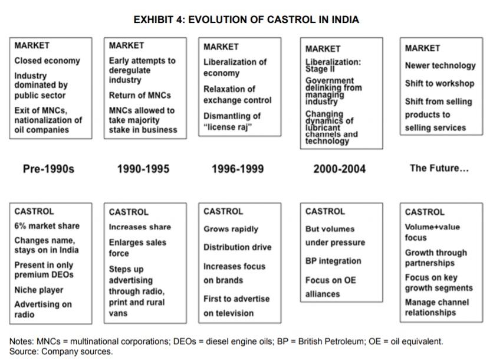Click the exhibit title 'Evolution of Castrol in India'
[246, 19]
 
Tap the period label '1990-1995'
[143, 169]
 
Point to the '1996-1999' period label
[237, 169]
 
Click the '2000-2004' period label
[339, 169]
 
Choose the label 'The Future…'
[439, 168]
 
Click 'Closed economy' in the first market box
[47, 61]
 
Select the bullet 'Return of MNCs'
[140, 95]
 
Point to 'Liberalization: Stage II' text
[333, 65]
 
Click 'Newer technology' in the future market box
[440, 66]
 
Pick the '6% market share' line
[47, 226]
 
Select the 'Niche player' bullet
[39, 290]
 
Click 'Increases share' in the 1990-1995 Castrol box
[140, 227]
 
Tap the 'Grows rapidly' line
[231, 229]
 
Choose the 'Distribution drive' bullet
[237, 247]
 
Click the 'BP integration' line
[333, 261]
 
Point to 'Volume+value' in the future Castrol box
[432, 227]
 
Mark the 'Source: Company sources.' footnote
[61, 351]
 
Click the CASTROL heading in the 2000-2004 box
[325, 211]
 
